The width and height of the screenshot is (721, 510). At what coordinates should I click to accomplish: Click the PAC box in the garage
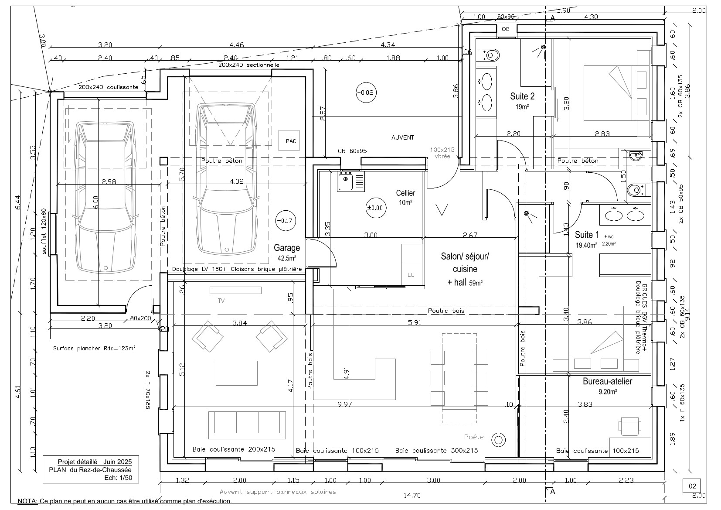(290, 140)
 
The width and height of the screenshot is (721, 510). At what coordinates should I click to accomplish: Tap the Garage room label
(286, 248)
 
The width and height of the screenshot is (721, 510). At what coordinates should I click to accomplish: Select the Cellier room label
(405, 193)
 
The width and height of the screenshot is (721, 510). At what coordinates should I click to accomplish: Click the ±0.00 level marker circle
(374, 208)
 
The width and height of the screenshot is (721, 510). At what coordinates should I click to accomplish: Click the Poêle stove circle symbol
(498, 439)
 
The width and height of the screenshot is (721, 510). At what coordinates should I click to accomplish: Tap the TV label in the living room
(221, 301)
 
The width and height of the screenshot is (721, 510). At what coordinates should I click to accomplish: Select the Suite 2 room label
(522, 96)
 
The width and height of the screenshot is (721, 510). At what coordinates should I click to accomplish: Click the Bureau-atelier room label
(607, 381)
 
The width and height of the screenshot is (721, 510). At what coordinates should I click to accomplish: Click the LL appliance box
(411, 275)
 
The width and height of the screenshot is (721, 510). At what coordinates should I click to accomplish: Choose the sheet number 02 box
(692, 486)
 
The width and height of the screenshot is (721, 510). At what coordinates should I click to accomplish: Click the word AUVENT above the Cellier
(402, 137)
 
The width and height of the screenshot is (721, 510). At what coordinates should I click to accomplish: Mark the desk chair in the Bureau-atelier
(629, 426)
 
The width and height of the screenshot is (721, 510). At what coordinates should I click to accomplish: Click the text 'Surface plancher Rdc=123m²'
(94, 348)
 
